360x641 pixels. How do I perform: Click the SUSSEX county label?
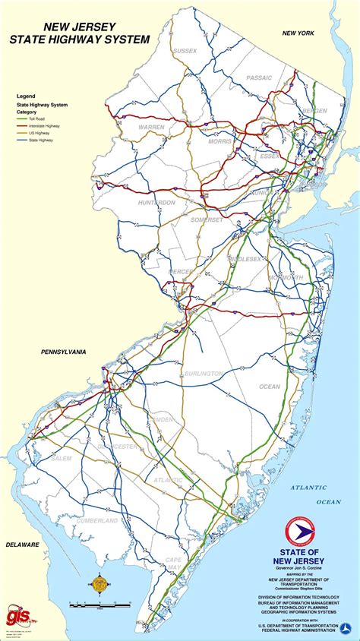click(x=185, y=51)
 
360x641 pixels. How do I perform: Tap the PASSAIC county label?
click(x=258, y=77)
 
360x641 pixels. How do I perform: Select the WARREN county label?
click(x=151, y=128)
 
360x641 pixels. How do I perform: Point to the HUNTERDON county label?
click(x=156, y=203)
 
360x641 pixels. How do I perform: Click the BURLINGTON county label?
click(x=204, y=374)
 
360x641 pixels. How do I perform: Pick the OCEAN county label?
click(x=270, y=387)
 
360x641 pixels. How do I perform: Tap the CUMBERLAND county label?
click(x=96, y=521)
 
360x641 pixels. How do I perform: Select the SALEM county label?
click(x=62, y=458)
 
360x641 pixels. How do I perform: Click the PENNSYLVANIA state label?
click(x=54, y=352)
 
